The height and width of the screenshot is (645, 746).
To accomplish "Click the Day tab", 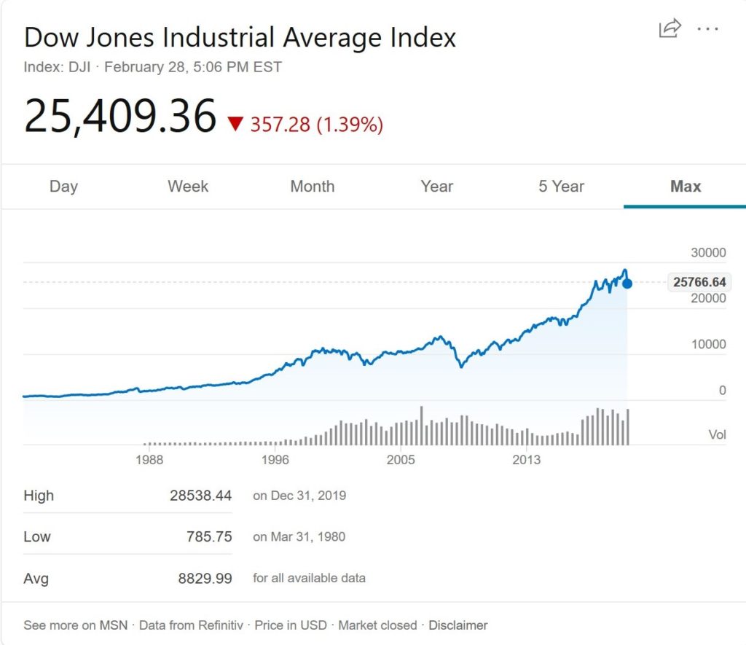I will tap(63, 187).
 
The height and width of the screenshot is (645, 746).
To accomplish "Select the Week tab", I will tap(188, 187).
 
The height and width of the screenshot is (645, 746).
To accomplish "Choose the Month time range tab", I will tap(312, 187).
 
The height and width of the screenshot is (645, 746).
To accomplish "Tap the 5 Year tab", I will tap(561, 187).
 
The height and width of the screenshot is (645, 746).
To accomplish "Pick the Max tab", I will tap(686, 187).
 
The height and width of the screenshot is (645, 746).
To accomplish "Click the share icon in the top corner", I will tap(670, 28).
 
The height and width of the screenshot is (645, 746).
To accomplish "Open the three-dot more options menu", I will tap(707, 28).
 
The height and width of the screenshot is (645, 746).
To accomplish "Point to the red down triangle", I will tap(235, 124).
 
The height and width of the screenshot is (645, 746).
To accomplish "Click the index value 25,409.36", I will tap(120, 116).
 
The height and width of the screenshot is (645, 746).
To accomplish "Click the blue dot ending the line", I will tap(627, 284).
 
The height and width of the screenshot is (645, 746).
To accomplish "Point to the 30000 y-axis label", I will tap(709, 253).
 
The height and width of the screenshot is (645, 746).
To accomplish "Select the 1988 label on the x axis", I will tap(149, 460).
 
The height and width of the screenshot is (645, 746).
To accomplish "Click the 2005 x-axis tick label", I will tap(401, 460).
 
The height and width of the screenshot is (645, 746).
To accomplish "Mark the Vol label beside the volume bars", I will tap(718, 435).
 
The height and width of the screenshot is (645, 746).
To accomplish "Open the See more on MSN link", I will tap(75, 625).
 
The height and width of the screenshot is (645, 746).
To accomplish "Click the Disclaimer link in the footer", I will tap(458, 625).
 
